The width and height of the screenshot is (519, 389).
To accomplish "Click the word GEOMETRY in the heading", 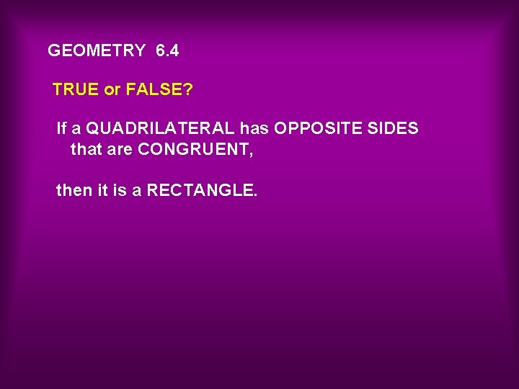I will [96, 51].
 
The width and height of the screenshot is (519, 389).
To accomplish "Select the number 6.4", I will [167, 51].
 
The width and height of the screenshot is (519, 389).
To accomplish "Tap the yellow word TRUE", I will [76, 90].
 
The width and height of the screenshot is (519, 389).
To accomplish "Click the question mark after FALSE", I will [189, 90].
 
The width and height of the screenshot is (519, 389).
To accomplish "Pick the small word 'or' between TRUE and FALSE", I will [112, 90].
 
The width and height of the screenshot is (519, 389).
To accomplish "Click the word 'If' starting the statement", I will [61, 129].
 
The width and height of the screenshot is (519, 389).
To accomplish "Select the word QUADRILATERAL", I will [160, 129].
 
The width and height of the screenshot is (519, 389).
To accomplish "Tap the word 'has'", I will [254, 129].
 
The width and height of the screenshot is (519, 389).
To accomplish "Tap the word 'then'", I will [74, 191].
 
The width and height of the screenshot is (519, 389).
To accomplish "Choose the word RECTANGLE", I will [199, 191].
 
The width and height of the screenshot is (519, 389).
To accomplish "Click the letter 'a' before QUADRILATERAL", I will [76, 129].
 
